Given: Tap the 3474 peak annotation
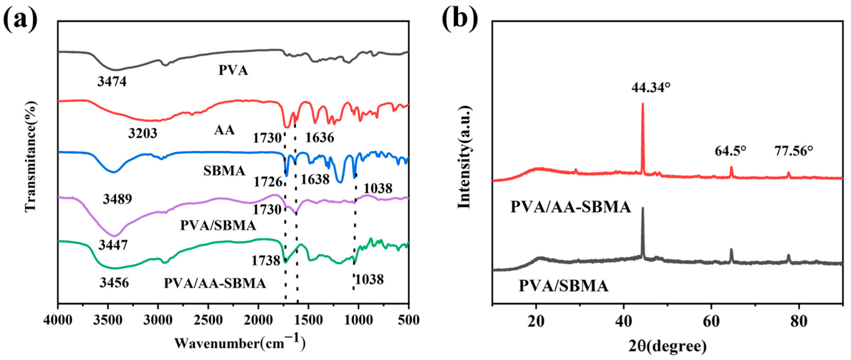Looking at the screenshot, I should pyautogui.click(x=112, y=82).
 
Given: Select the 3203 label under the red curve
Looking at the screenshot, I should pyautogui.click(x=143, y=133).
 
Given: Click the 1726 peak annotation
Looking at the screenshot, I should pyautogui.click(x=268, y=182).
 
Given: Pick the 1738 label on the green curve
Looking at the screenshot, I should pyautogui.click(x=266, y=261).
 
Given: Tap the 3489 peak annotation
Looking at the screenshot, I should pyautogui.click(x=117, y=199).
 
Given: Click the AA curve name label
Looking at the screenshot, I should pyautogui.click(x=224, y=130).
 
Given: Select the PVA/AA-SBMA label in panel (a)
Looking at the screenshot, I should pyautogui.click(x=215, y=283).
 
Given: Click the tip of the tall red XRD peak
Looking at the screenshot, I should pyautogui.click(x=642, y=113).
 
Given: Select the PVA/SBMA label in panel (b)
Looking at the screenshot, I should pyautogui.click(x=564, y=286).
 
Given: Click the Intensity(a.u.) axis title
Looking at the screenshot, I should pyautogui.click(x=464, y=157).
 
